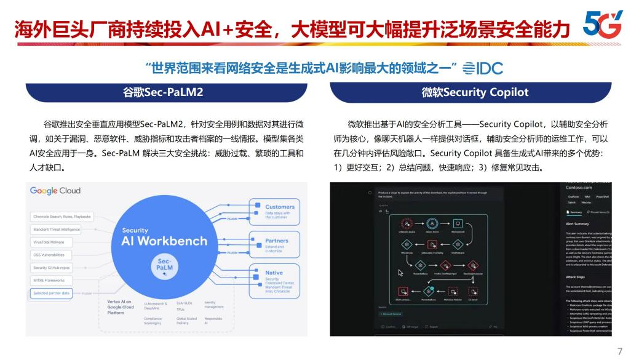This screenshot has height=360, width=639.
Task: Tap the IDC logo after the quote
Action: [x=482, y=68]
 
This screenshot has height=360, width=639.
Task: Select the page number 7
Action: [x=620, y=351]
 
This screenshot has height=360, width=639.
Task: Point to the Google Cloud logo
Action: [x=55, y=191]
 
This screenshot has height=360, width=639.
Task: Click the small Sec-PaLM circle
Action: [x=164, y=268]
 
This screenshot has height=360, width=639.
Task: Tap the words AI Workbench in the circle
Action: [x=164, y=241]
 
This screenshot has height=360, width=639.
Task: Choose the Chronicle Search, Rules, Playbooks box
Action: [x=62, y=217]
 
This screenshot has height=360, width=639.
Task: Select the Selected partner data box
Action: [x=52, y=294]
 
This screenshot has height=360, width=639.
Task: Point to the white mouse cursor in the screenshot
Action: [x=400, y=271]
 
